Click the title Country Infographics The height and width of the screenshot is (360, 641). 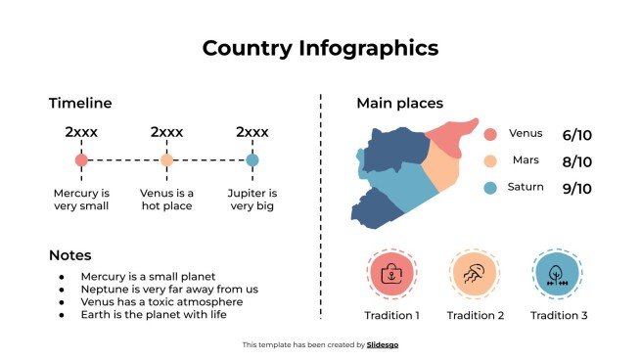320,48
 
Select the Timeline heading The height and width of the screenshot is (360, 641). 80,104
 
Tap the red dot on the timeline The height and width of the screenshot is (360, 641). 81,159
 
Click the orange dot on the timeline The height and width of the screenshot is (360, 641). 166,159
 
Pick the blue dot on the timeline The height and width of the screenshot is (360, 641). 252,159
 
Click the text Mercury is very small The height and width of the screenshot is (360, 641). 81,200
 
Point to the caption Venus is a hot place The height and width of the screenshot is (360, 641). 166,200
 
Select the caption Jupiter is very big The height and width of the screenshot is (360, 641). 252,200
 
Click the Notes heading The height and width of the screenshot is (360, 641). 70,255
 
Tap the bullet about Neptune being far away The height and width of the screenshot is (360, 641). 169,290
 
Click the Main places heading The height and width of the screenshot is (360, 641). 399,104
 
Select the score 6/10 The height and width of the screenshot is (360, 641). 577,134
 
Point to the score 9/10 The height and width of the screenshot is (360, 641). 577,188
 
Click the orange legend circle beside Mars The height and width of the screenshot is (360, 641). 491,160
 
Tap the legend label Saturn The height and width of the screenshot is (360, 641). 526,187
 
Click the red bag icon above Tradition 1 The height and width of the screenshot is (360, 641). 391,273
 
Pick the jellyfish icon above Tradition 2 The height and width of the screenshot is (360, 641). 476,273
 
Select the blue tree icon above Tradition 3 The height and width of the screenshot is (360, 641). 558,273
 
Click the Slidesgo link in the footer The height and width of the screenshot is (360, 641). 384,344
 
